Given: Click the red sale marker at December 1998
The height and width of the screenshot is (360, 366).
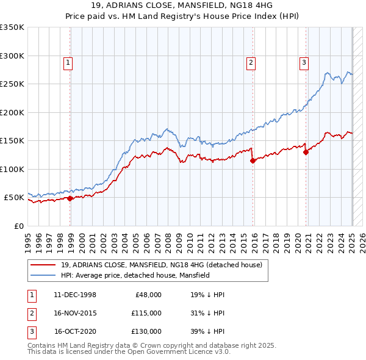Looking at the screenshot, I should click(x=70, y=198).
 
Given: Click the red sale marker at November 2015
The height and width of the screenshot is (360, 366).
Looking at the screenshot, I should click(x=253, y=161).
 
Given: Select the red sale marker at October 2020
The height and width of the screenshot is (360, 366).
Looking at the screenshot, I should click(x=306, y=153).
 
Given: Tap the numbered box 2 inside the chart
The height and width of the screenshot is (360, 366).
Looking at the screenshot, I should click(x=251, y=62).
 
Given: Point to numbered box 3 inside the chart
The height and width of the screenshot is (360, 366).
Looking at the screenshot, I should click(x=304, y=62).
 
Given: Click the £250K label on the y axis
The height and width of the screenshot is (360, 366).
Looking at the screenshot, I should click(x=12, y=84).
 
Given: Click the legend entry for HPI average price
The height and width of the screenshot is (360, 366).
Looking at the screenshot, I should click(x=135, y=275).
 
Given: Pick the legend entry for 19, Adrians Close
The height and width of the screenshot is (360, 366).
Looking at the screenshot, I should click(x=161, y=265).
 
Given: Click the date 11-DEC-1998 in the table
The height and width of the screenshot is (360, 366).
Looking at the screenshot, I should click(x=74, y=294).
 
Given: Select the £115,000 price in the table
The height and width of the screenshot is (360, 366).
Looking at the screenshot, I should click(x=146, y=312).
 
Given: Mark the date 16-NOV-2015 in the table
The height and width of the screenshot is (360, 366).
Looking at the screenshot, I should click(x=74, y=312).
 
